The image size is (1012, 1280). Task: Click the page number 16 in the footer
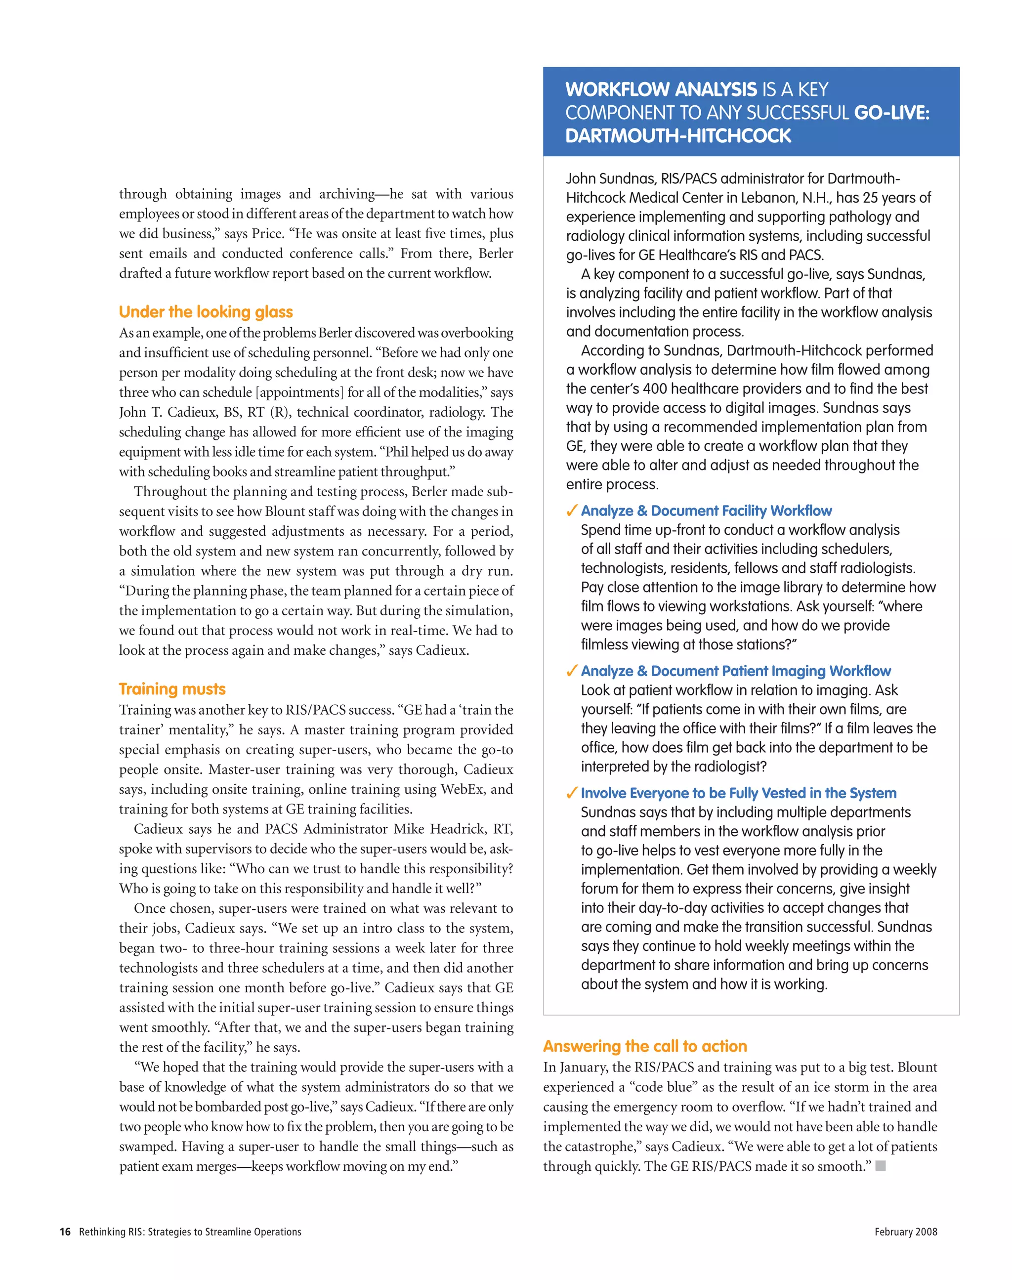click(65, 1232)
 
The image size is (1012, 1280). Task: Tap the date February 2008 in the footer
click(905, 1232)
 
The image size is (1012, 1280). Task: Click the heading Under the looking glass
click(206, 312)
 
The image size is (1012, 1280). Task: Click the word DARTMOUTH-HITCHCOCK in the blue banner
click(678, 136)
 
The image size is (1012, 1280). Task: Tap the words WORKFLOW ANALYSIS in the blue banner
click(661, 89)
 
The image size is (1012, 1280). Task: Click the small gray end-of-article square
click(881, 1166)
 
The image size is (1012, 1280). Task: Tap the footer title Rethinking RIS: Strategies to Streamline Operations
click(190, 1232)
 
